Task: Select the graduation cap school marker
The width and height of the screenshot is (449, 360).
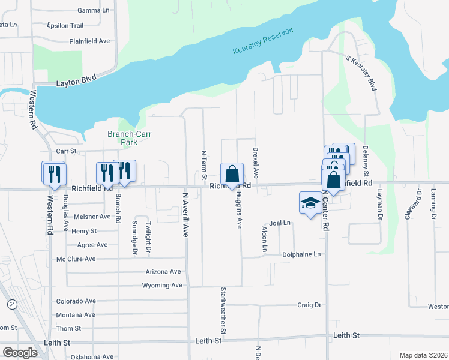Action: click(x=310, y=205)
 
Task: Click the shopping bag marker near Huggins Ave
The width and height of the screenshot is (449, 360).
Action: click(x=232, y=175)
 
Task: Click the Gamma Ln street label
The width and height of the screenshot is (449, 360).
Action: click(x=94, y=11)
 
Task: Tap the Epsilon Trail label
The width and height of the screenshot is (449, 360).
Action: click(x=65, y=26)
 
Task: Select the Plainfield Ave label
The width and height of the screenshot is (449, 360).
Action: click(x=89, y=41)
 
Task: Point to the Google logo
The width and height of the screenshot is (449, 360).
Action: click(x=20, y=353)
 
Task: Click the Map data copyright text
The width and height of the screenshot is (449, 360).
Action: click(x=423, y=355)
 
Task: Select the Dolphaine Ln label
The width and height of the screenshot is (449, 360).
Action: click(x=301, y=254)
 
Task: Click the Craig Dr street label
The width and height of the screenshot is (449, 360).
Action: click(x=309, y=305)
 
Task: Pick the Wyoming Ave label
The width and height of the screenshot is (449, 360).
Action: click(x=161, y=285)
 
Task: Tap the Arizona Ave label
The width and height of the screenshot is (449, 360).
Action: click(x=163, y=272)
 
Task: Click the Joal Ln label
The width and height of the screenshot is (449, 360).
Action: click(x=280, y=223)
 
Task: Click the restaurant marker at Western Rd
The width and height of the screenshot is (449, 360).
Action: click(x=54, y=175)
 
